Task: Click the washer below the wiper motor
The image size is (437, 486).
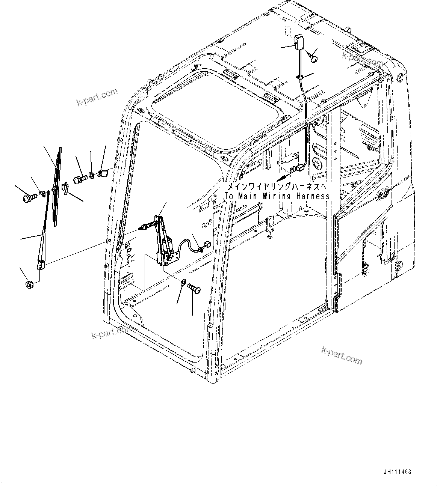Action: [x=183, y=282]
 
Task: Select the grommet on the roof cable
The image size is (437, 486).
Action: [x=300, y=77]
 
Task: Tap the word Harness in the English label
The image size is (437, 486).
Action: [x=313, y=196]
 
